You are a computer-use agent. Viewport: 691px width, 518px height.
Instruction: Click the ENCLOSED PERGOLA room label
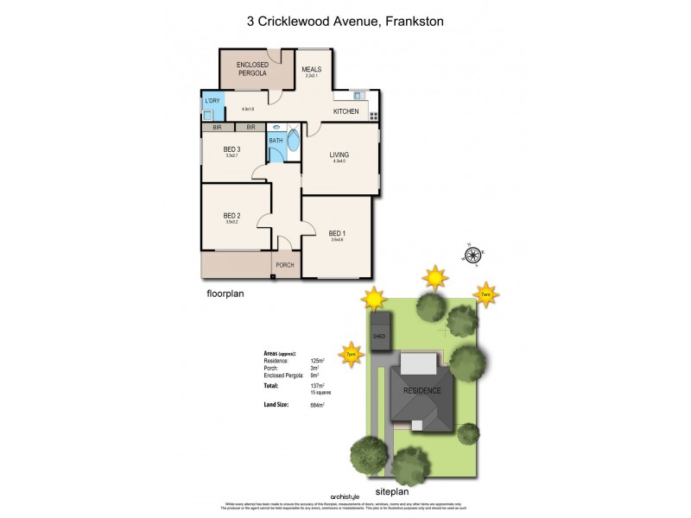[x=253, y=69]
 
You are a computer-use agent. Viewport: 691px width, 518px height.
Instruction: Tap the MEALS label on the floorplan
[x=311, y=70]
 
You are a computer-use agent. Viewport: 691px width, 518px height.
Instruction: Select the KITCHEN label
[x=345, y=111]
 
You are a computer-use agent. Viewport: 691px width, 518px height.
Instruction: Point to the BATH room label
[x=276, y=140]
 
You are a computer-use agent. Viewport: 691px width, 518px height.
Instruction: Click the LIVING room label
[x=338, y=155]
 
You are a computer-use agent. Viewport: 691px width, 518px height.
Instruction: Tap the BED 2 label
[x=231, y=215]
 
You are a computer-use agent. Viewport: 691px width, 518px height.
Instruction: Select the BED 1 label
[x=337, y=233]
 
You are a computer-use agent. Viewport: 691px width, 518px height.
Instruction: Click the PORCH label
[x=286, y=265]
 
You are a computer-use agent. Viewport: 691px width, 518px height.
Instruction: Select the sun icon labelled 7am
[x=486, y=294]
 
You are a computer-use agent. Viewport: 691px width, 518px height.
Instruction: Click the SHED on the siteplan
[x=379, y=336]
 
